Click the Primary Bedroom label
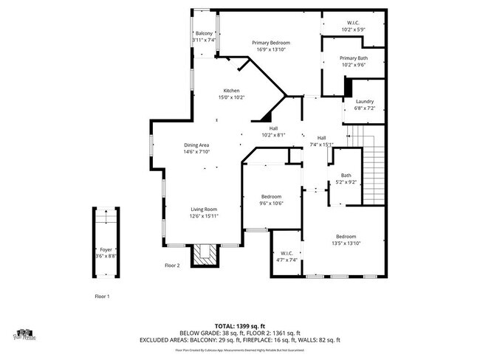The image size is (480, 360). coord(268,44)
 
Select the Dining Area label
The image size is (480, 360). coord(196,145)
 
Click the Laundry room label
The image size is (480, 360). coord(364,102)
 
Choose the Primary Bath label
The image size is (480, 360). coord(353,58)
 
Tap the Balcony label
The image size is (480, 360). coord(204,34)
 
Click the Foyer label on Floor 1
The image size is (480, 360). coord(106,250)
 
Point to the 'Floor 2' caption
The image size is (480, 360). coord(172,265)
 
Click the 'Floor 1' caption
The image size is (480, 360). coord(102,296)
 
